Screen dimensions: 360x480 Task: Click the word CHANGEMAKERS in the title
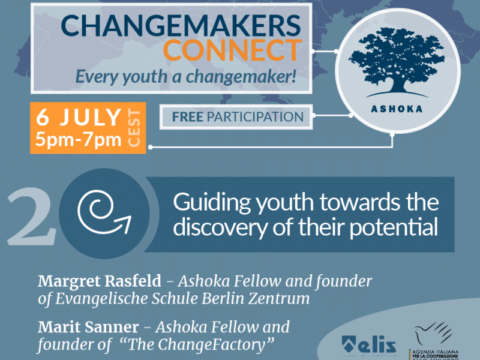[180, 25]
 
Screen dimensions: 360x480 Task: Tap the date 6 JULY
[78, 118]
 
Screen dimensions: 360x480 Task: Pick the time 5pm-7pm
[78, 140]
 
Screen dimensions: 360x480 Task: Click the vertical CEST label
[133, 129]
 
